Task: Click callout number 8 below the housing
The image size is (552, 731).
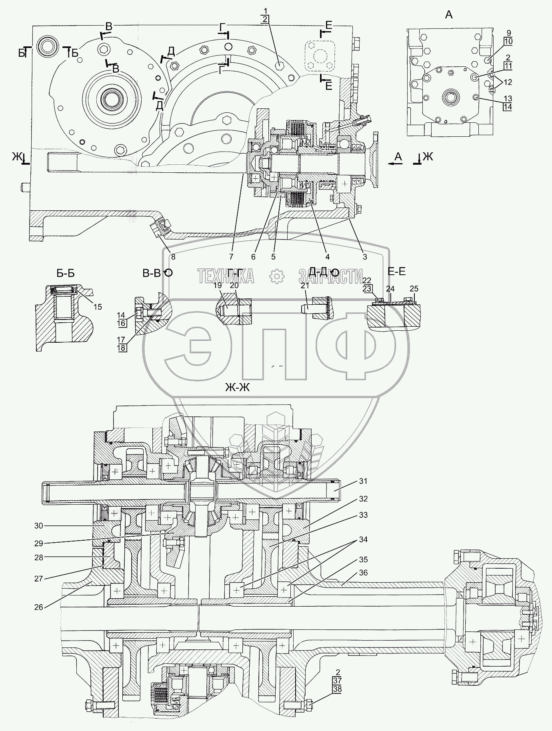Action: [173, 257]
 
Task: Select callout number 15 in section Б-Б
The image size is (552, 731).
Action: [98, 307]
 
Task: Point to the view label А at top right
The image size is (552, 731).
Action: [449, 15]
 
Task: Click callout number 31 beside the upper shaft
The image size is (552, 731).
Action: [363, 481]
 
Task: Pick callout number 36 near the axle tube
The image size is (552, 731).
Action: [363, 573]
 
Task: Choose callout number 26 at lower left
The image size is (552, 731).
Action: [38, 607]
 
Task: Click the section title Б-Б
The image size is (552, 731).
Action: [66, 274]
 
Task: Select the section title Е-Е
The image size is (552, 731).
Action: [396, 272]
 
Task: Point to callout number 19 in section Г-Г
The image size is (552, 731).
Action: [217, 285]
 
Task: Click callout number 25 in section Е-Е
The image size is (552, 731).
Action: [414, 289]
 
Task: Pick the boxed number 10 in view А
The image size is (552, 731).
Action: [508, 41]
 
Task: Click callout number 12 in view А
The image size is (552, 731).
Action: [508, 82]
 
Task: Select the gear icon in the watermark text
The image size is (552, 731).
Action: [276, 276]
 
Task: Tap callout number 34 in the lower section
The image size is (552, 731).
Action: [363, 539]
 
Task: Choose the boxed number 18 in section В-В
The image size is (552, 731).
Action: [122, 348]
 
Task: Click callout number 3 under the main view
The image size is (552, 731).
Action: [365, 257]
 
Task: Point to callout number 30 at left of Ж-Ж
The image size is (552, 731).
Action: [38, 526]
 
